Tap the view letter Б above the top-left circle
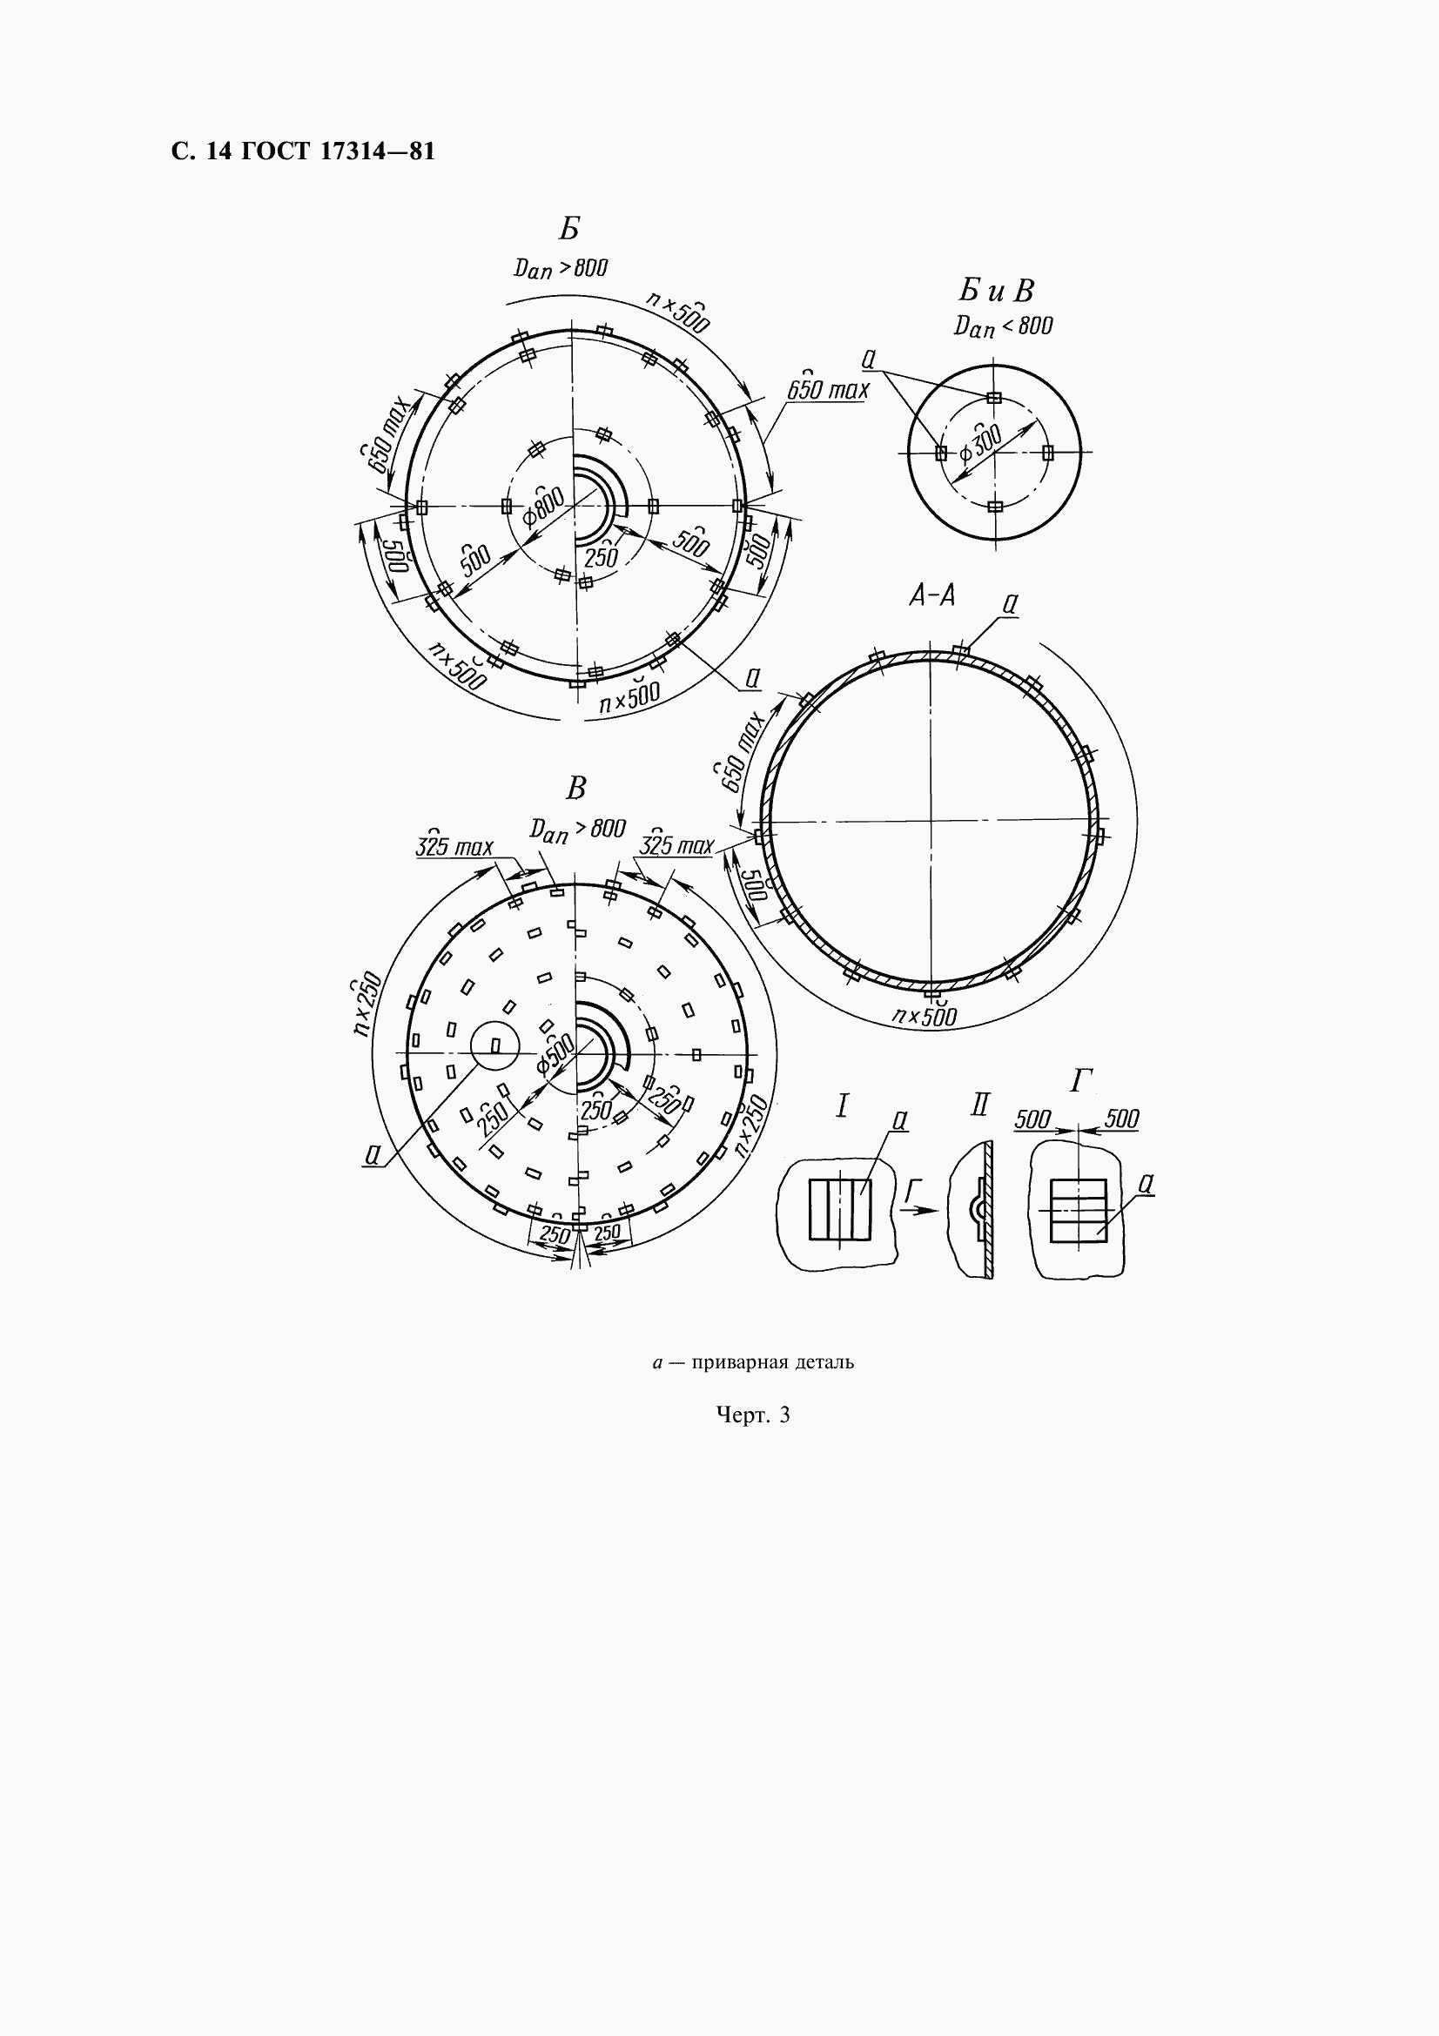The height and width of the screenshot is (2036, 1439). point(569,229)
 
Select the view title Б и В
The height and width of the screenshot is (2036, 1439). point(997,291)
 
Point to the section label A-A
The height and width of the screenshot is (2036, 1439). point(931,597)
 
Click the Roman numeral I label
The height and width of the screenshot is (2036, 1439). point(843,1105)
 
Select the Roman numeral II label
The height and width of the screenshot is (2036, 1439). point(978,1105)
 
